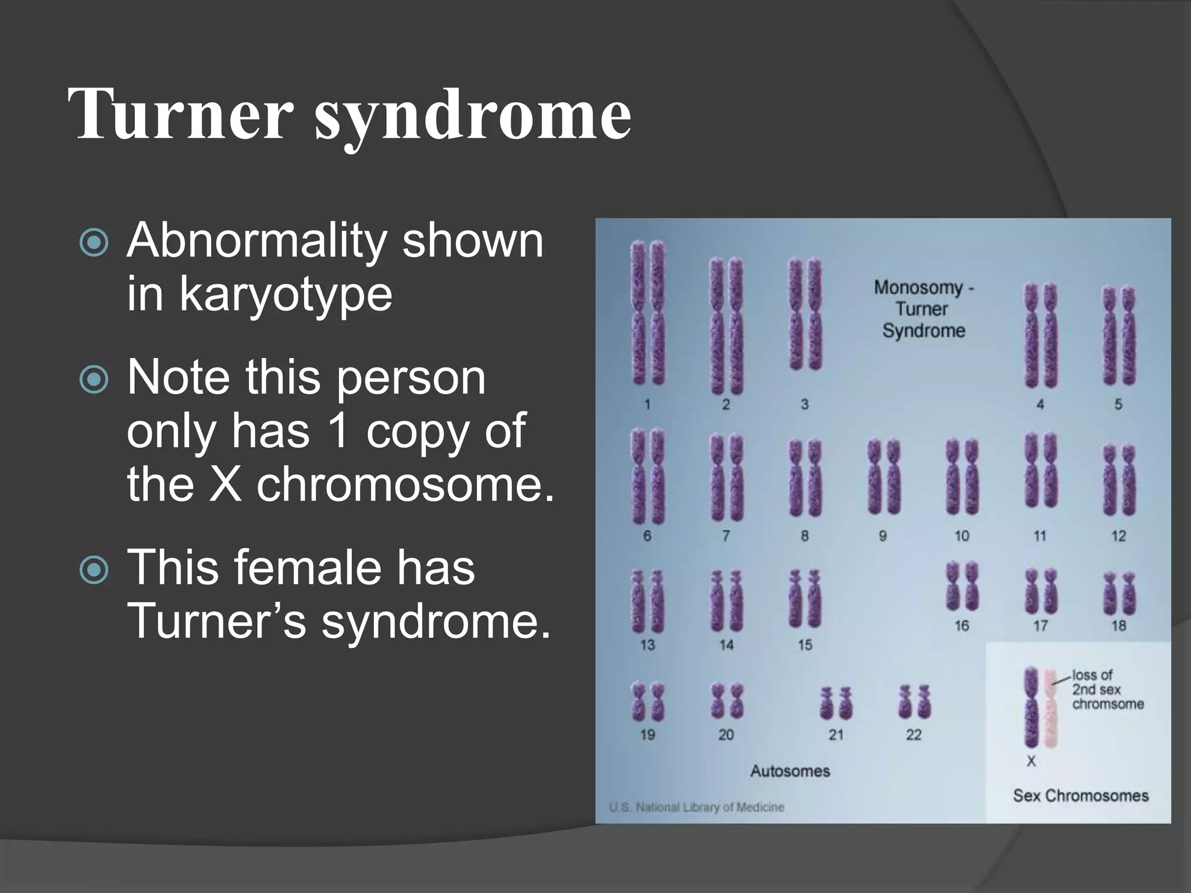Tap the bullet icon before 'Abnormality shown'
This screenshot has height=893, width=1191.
pos(94,242)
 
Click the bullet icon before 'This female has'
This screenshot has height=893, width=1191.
pos(94,570)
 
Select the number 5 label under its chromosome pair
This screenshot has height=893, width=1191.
pos(1118,405)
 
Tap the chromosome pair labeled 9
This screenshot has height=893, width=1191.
pos(883,477)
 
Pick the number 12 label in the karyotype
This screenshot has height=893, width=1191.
pos(1118,536)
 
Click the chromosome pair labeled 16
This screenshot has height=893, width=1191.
pos(962,586)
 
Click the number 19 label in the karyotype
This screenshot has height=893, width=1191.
pos(647,735)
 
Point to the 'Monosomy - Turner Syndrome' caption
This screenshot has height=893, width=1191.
pos(923,309)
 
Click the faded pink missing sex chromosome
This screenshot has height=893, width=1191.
pos(1051,707)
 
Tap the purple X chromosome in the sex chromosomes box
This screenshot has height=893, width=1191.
pos(1031,707)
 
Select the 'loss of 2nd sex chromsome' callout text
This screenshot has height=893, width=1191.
pos(1107,690)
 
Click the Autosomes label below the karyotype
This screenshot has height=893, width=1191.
pos(790,771)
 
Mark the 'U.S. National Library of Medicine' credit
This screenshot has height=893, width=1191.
pos(697,807)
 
